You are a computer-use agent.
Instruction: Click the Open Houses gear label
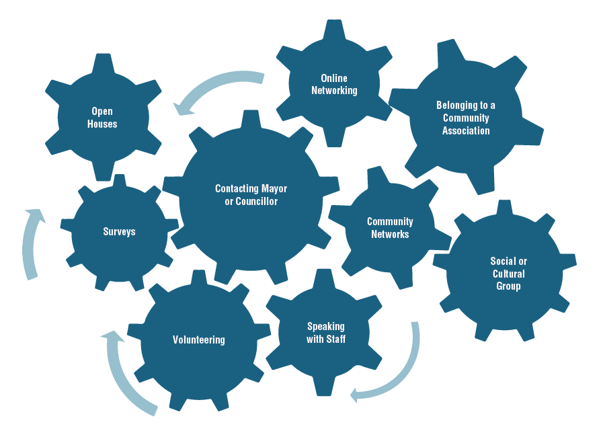102,118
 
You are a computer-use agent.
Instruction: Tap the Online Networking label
334,84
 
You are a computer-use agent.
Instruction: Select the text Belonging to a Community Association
466,118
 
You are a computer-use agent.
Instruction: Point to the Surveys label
119,231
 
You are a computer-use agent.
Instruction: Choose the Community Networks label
390,228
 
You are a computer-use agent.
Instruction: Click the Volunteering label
198,340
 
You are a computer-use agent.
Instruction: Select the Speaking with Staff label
326,333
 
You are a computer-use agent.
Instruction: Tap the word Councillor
255,201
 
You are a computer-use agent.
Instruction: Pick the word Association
466,130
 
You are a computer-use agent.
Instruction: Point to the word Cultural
508,274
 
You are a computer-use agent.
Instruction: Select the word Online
334,78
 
